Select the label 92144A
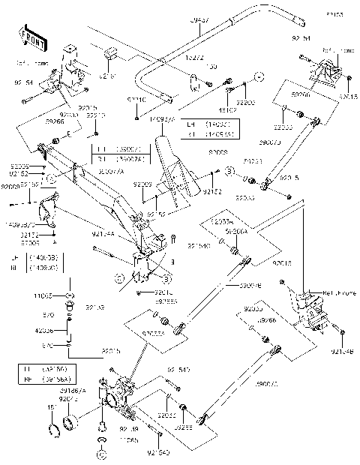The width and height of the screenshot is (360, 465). click(x=104, y=235)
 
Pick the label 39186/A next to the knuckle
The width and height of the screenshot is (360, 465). click(x=73, y=390)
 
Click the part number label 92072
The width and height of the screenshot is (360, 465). click(x=70, y=399)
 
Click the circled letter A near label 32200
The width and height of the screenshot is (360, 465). click(x=258, y=77)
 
